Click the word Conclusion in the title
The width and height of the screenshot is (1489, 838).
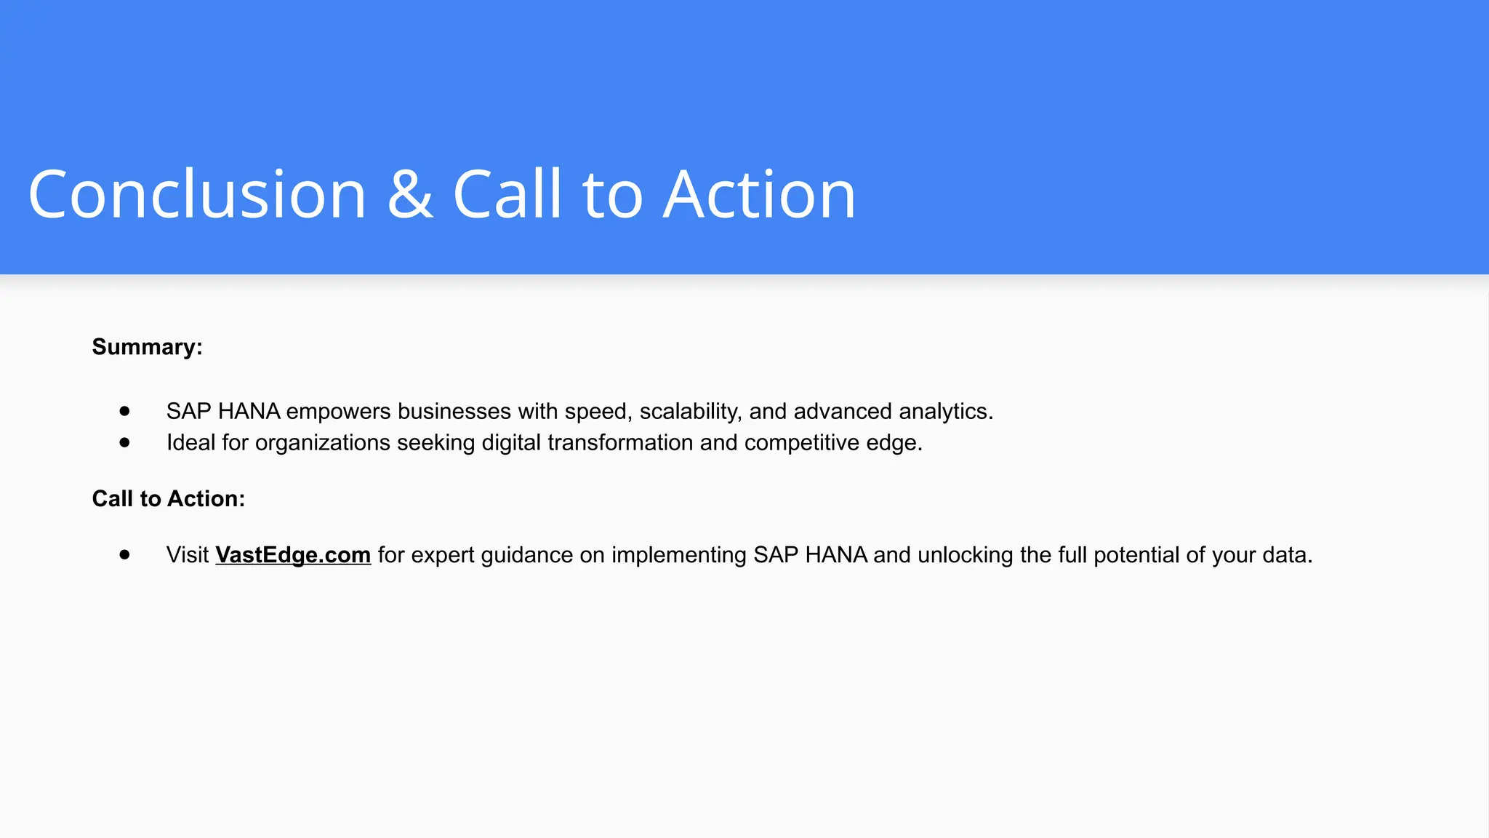click(197, 194)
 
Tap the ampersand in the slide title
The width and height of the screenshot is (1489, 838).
click(410, 194)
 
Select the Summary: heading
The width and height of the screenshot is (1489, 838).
click(147, 347)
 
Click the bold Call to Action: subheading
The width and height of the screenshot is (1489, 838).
click(168, 498)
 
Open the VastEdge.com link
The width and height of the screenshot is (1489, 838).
click(293, 555)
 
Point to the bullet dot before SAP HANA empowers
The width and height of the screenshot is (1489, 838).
click(125, 411)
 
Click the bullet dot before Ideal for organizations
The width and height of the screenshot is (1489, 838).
click(125, 442)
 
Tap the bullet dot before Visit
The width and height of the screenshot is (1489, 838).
click(125, 555)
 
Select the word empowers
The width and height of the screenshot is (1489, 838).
click(338, 412)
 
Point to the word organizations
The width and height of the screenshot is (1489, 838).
click(323, 443)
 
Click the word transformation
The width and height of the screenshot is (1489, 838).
click(620, 442)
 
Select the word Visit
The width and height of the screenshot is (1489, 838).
click(188, 555)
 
